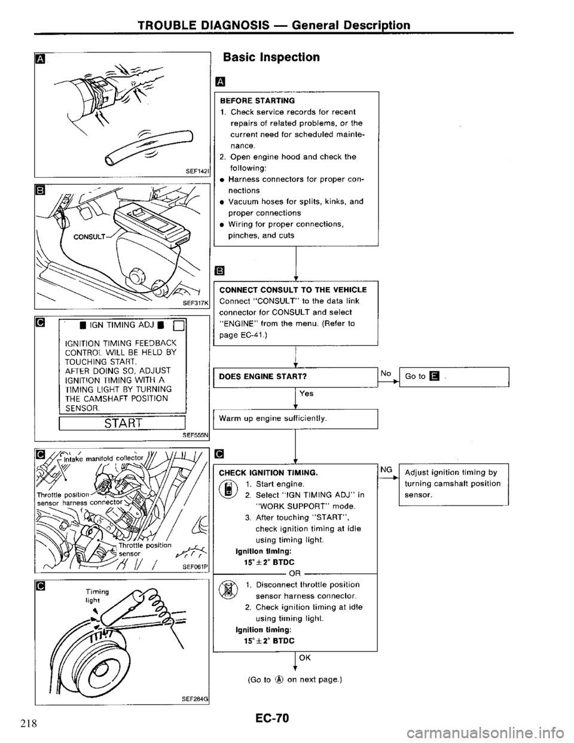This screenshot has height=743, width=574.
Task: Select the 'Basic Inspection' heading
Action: pyautogui.click(x=271, y=57)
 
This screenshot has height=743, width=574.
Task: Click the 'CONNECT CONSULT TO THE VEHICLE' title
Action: pyautogui.click(x=293, y=290)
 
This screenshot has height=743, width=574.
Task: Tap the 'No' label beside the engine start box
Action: pyautogui.click(x=386, y=372)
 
